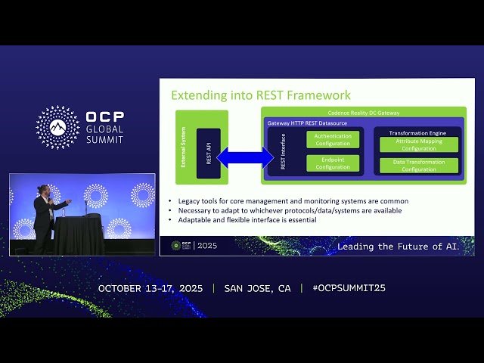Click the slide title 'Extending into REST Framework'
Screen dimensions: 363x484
pyautogui.click(x=261, y=95)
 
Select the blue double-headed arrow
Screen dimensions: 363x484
pyautogui.click(x=246, y=157)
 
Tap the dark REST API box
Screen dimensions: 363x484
pyautogui.click(x=208, y=153)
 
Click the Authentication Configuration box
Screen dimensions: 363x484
pyautogui.click(x=333, y=140)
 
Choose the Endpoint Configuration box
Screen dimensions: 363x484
pyautogui.click(x=333, y=163)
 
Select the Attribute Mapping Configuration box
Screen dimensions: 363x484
pyautogui.click(x=418, y=143)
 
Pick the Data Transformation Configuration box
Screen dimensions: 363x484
pyautogui.click(x=418, y=166)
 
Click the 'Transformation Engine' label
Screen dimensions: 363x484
pyautogui.click(x=417, y=132)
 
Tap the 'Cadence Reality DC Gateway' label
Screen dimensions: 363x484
pyautogui.click(x=363, y=113)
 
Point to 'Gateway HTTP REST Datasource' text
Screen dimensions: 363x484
pyautogui.click(x=306, y=123)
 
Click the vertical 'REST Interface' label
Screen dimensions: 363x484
pyautogui.click(x=283, y=151)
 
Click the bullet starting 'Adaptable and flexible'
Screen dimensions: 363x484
pyautogui.click(x=247, y=220)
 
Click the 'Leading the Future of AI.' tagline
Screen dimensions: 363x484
pyautogui.click(x=404, y=247)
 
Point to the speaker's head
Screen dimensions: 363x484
pyautogui.click(x=45, y=190)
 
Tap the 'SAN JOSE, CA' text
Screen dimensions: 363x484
pyautogui.click(x=257, y=288)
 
